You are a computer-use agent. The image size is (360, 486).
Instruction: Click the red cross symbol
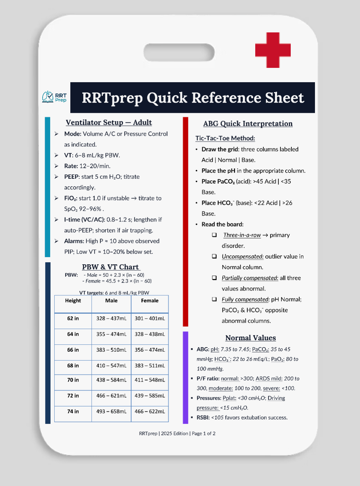(x=273, y=50)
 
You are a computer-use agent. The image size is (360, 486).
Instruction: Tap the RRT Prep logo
(x=54, y=97)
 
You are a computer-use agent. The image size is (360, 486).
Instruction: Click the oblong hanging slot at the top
(x=179, y=53)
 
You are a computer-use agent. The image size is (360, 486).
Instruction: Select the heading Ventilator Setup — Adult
(x=109, y=122)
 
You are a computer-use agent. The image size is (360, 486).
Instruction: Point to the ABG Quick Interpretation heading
(x=248, y=123)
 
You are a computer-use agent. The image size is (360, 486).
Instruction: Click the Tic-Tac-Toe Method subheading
(x=225, y=138)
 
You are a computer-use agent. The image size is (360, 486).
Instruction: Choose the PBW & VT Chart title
(x=111, y=267)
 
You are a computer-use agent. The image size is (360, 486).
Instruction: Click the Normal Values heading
(x=250, y=338)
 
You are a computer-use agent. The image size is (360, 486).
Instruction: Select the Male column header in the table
(x=111, y=300)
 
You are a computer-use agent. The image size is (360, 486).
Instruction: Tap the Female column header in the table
(x=150, y=300)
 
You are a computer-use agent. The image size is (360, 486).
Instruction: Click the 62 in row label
(x=73, y=318)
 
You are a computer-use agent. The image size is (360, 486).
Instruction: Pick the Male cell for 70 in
(x=111, y=380)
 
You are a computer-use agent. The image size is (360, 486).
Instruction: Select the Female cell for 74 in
(x=150, y=411)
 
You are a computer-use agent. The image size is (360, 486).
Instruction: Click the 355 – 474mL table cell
(x=111, y=334)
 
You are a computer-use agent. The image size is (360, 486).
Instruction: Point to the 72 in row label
(x=73, y=396)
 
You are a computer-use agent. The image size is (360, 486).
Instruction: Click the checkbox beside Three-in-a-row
(x=214, y=235)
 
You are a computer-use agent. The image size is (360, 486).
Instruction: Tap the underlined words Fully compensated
(x=245, y=299)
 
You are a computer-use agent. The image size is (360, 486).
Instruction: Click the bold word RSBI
(x=203, y=417)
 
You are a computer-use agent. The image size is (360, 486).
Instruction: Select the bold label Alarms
(x=74, y=241)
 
